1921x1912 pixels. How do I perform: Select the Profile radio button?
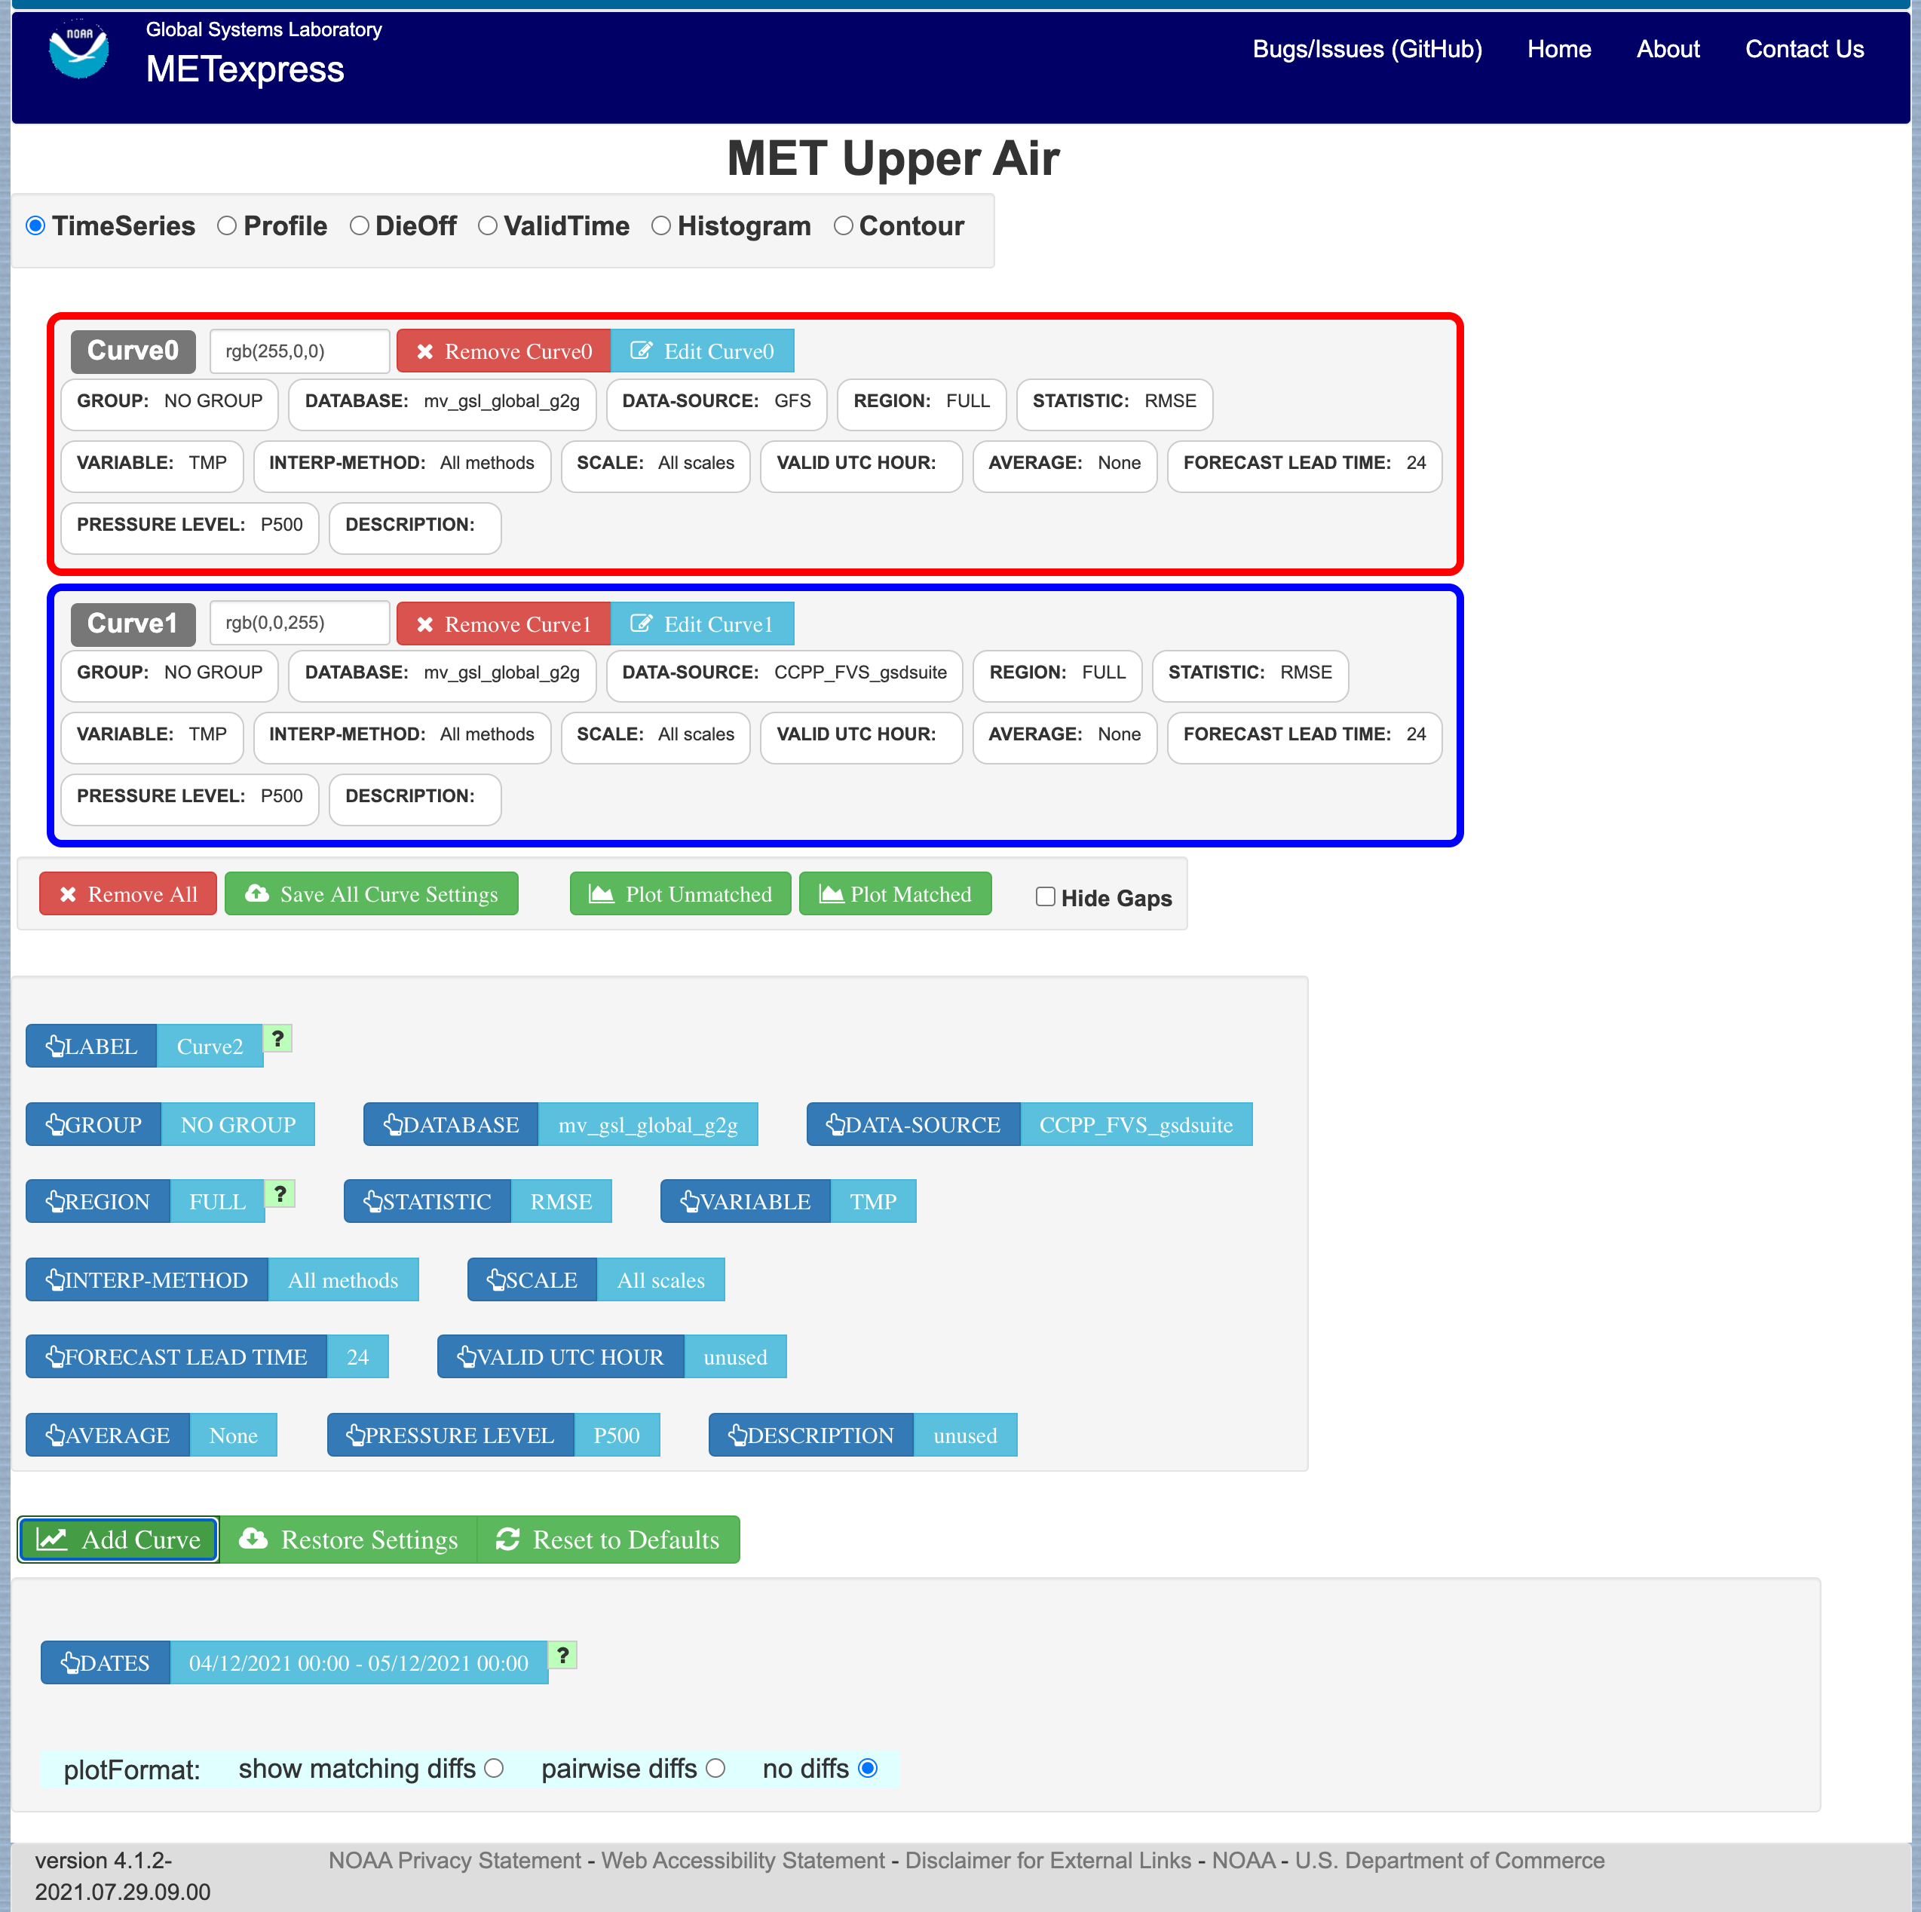pyautogui.click(x=227, y=225)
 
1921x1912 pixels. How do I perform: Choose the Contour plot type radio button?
pyautogui.click(x=843, y=225)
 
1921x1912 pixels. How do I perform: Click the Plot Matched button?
pyautogui.click(x=895, y=894)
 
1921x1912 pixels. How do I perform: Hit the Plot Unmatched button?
pyautogui.click(x=680, y=894)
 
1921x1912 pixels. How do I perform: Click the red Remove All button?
pyautogui.click(x=127, y=894)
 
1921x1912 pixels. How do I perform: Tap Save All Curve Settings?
pyautogui.click(x=371, y=894)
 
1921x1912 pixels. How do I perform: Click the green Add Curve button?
pyautogui.click(x=118, y=1539)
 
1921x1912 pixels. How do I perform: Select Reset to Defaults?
pyautogui.click(x=608, y=1539)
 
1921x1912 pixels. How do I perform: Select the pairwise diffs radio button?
pyautogui.click(x=716, y=1768)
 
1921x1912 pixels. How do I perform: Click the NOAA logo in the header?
pyautogui.click(x=78, y=49)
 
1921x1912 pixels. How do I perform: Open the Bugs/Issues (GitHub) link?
pyautogui.click(x=1367, y=49)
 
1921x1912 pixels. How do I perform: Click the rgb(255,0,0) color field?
pyautogui.click(x=299, y=351)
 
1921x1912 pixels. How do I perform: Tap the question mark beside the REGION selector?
pyautogui.click(x=280, y=1193)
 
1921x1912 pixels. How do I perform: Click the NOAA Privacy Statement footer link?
pyautogui.click(x=455, y=1859)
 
